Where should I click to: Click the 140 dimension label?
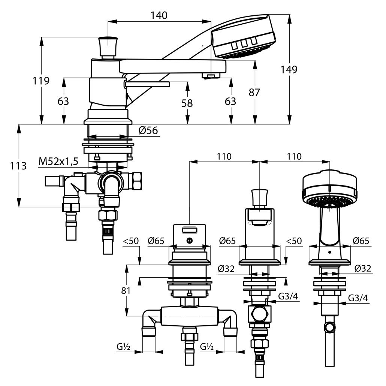pos(159,15)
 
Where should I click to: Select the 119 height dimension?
pos(42,81)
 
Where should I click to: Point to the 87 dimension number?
pos(254,93)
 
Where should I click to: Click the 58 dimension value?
pos(187,103)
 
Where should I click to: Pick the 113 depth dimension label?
pos(18,166)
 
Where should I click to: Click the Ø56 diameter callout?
pos(148,130)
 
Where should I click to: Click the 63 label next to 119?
pos(64,101)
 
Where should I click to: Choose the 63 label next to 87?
pos(230,101)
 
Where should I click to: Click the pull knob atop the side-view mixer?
pos(107,47)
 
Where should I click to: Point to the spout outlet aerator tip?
pos(210,76)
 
